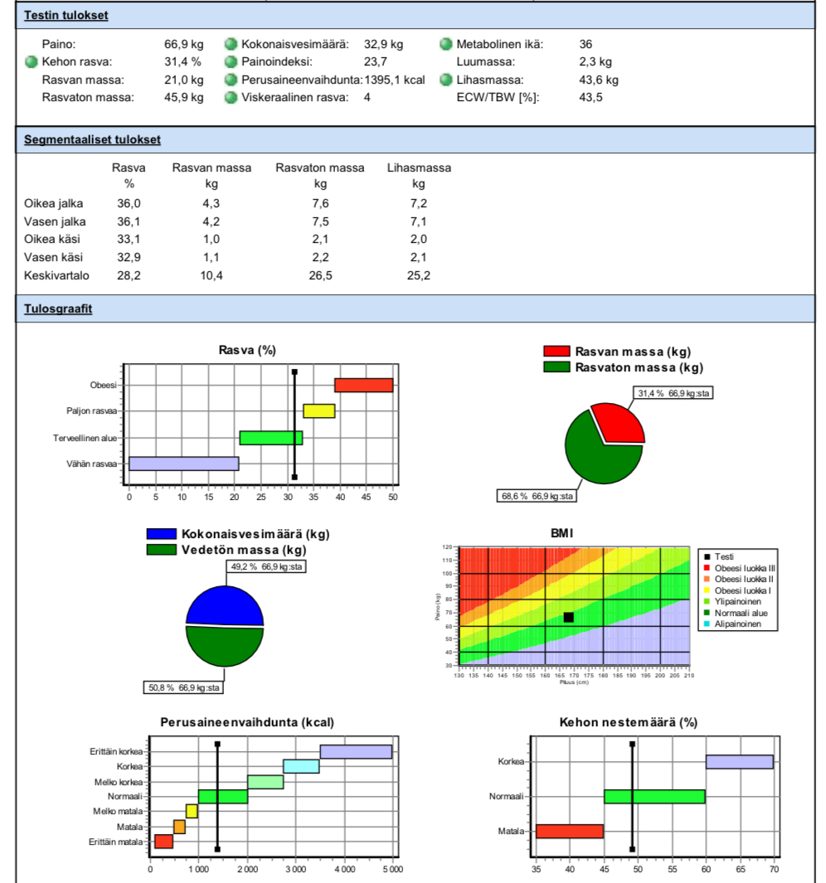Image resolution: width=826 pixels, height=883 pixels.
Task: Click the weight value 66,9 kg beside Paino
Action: [183, 44]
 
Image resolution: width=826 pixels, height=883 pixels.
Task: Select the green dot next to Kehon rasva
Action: [32, 62]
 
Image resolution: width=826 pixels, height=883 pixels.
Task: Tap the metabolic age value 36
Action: [585, 44]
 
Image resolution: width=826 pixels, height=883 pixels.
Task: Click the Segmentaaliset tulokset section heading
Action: [92, 139]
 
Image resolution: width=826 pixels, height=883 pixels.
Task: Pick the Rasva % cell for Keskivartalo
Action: [129, 275]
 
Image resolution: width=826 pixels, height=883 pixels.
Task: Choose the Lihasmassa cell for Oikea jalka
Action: [419, 203]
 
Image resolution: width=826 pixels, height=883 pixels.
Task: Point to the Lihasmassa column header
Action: [419, 167]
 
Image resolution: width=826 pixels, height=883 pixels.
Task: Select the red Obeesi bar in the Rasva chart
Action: [363, 385]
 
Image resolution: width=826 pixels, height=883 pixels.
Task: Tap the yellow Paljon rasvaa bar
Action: [319, 411]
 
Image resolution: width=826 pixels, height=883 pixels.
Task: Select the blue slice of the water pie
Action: [224, 604]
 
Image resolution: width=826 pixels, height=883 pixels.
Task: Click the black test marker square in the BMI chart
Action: [568, 618]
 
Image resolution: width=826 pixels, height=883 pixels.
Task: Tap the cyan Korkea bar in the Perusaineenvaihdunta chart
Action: [301, 766]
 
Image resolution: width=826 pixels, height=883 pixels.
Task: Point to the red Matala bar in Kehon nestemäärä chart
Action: [569, 831]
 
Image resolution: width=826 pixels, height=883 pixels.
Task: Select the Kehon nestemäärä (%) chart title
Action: [629, 722]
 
